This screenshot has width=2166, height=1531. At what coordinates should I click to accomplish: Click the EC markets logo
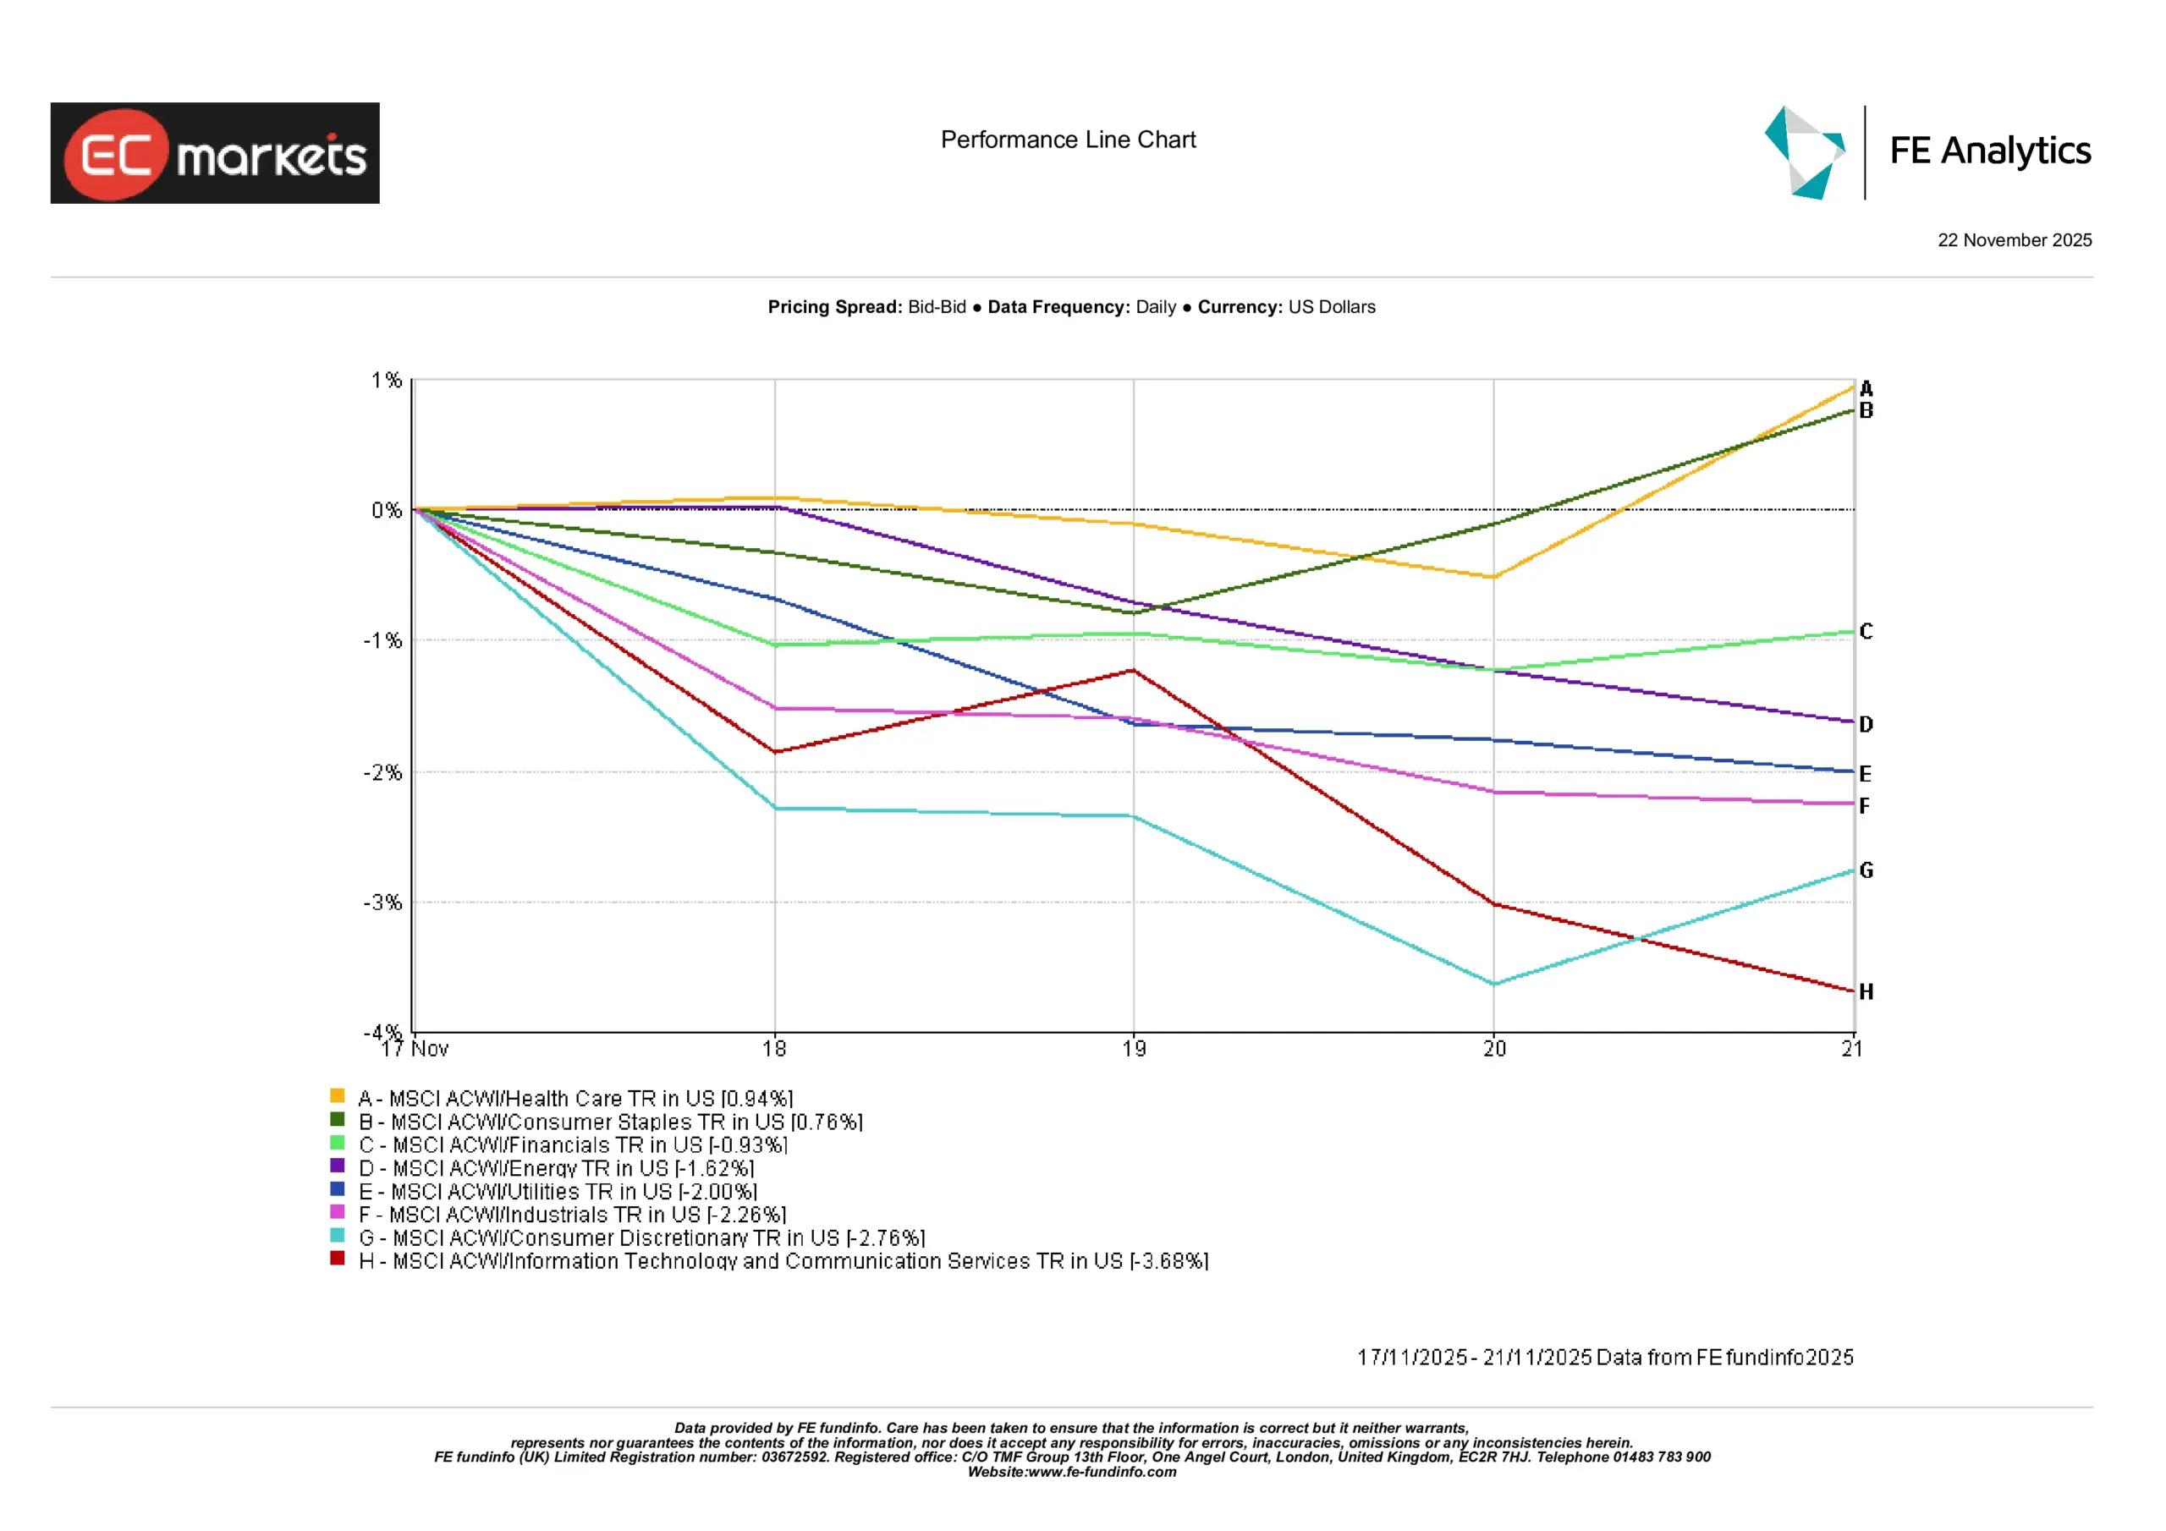pyautogui.click(x=214, y=153)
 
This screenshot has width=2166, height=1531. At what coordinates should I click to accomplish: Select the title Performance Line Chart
pyautogui.click(x=1068, y=140)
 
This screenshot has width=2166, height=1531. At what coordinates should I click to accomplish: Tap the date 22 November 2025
pyautogui.click(x=2014, y=240)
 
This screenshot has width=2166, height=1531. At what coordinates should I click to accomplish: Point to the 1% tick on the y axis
pyautogui.click(x=386, y=380)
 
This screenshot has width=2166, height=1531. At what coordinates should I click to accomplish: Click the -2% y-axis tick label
pyautogui.click(x=382, y=772)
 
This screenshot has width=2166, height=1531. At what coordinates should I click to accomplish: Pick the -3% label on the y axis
pyautogui.click(x=382, y=903)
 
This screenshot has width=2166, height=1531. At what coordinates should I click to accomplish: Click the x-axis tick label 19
pyautogui.click(x=1134, y=1049)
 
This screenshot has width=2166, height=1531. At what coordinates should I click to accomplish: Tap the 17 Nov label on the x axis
pyautogui.click(x=415, y=1049)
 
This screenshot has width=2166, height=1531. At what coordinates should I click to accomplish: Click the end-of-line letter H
pyautogui.click(x=1866, y=991)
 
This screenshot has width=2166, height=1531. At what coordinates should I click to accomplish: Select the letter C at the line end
pyautogui.click(x=1866, y=631)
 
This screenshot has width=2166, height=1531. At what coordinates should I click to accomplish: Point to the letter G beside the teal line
pyautogui.click(x=1866, y=870)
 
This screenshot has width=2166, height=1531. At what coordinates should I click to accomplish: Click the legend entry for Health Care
pyautogui.click(x=575, y=1099)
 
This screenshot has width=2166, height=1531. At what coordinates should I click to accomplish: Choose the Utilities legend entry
pyautogui.click(x=558, y=1192)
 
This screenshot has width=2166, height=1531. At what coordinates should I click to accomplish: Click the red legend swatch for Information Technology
pyautogui.click(x=337, y=1259)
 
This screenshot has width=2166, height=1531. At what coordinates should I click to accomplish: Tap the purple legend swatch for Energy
pyautogui.click(x=337, y=1165)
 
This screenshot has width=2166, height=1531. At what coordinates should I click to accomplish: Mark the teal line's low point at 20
pyautogui.click(x=1494, y=984)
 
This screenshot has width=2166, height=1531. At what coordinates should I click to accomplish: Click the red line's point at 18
pyautogui.click(x=774, y=752)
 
